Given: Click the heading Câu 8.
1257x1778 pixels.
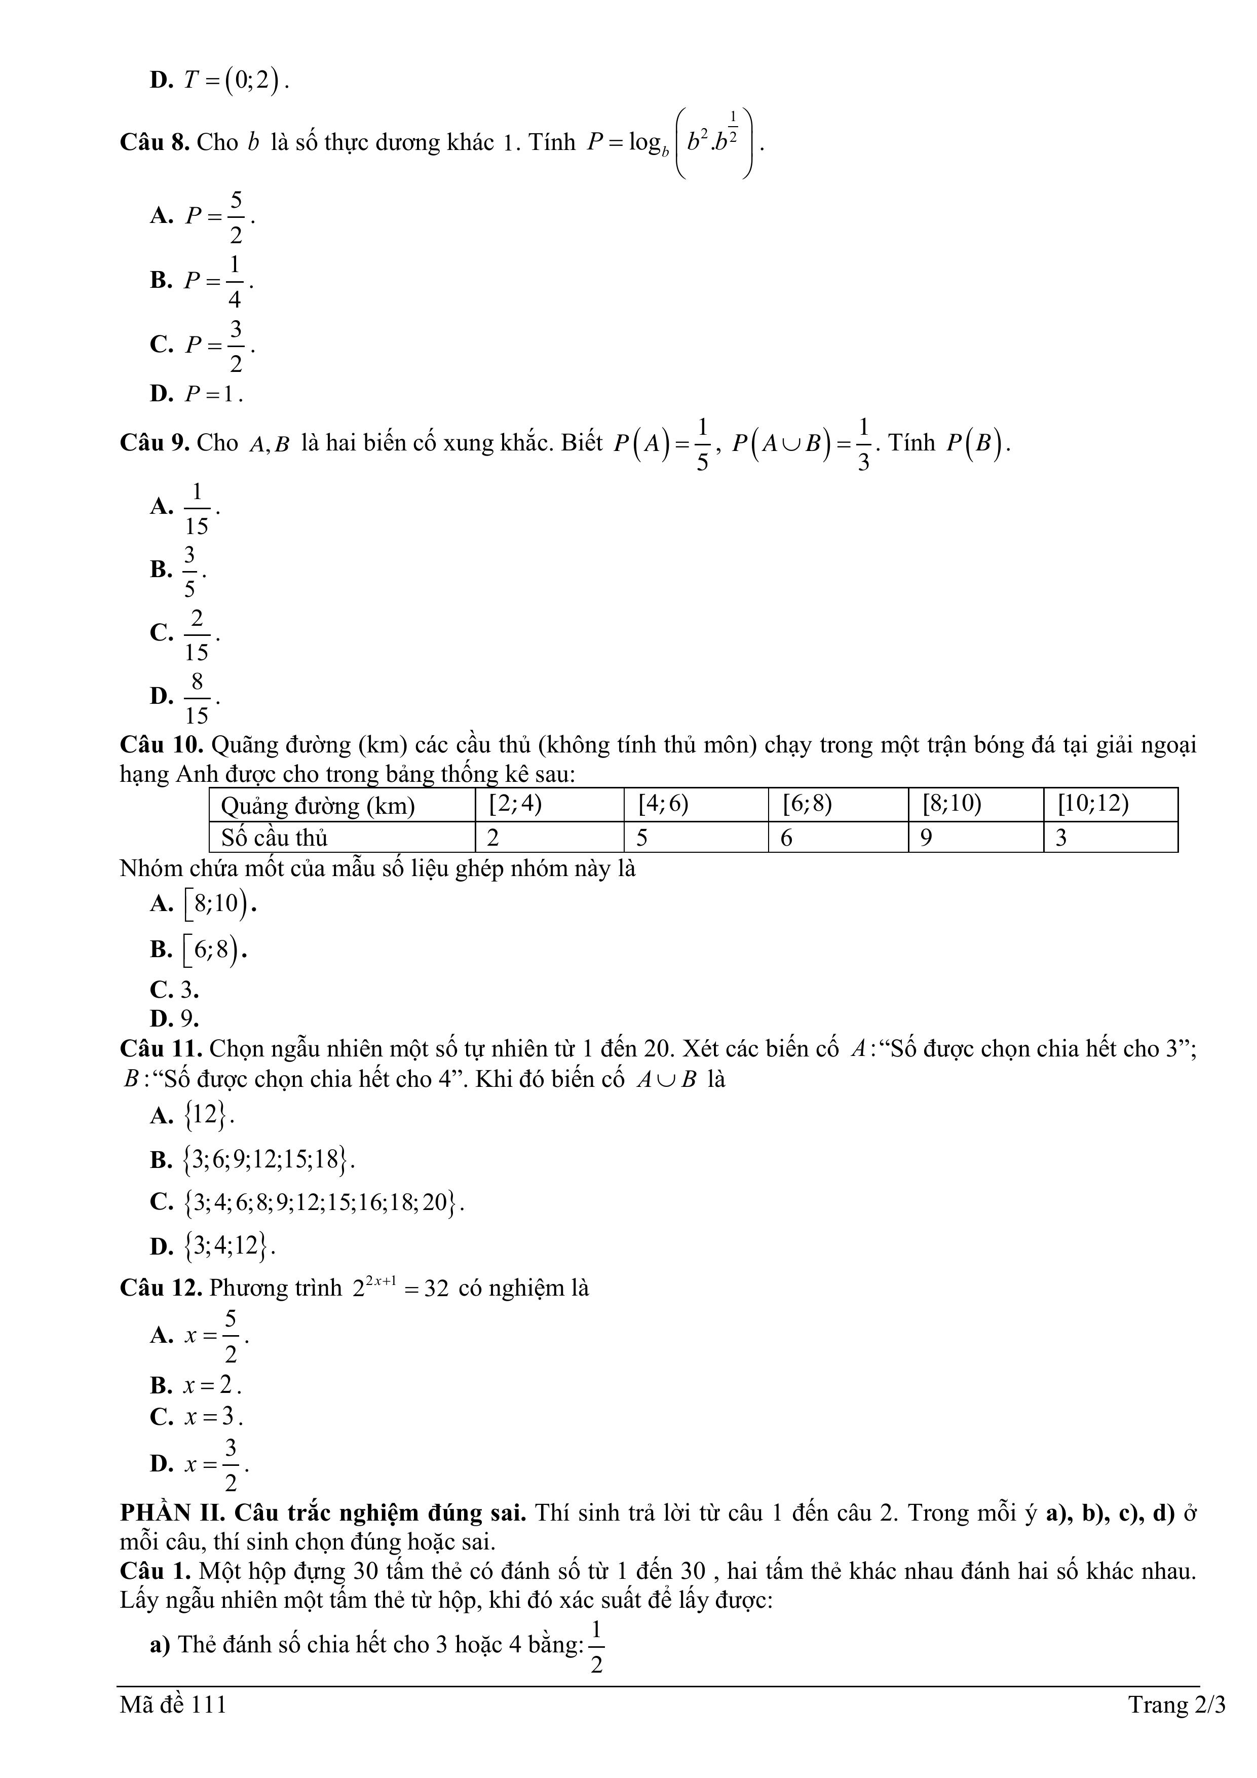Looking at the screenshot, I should (155, 142).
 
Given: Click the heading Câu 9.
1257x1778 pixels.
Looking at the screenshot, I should (155, 443).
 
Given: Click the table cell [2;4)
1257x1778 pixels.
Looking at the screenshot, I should (515, 805).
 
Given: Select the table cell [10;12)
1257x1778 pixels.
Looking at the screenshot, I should (1093, 805).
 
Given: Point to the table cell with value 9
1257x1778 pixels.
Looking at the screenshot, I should (926, 838).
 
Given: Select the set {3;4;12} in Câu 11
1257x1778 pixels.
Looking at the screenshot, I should (228, 1246).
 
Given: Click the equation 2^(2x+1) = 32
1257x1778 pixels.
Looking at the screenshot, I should (400, 1289).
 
